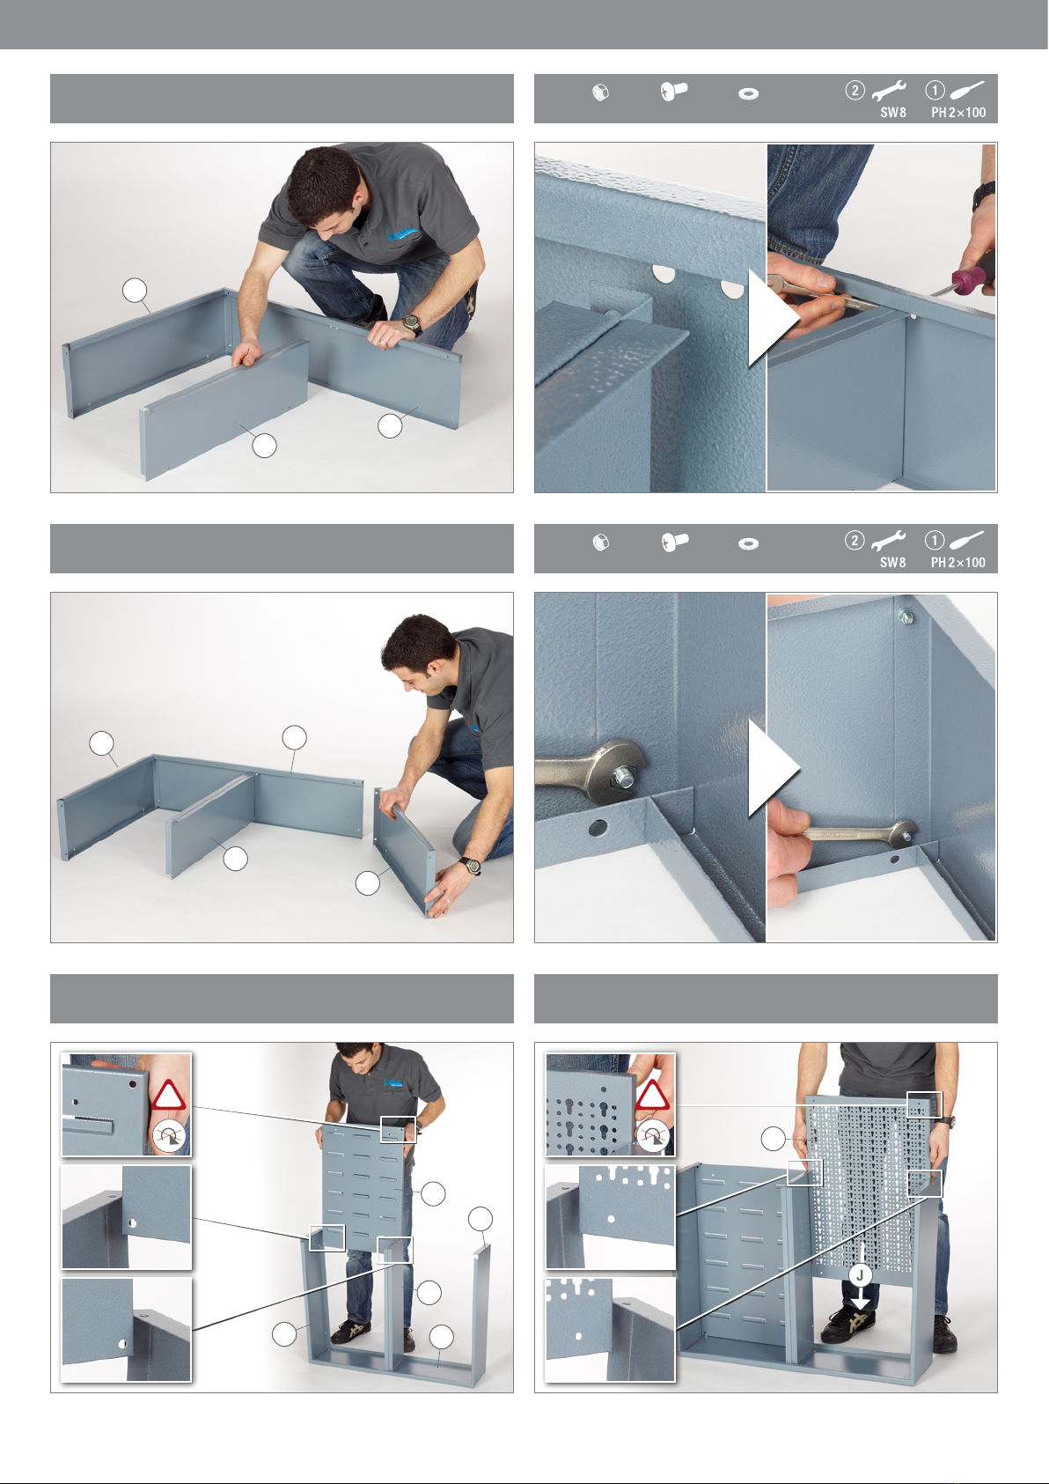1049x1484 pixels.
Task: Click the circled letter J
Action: point(861,1274)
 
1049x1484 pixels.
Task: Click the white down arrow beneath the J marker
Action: point(861,1299)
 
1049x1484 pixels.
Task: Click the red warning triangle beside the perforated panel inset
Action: point(652,1096)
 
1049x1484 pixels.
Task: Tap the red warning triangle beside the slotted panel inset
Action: point(168,1096)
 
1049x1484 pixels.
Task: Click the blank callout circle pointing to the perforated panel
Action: point(773,1139)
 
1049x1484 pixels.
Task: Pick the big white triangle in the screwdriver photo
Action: point(774,317)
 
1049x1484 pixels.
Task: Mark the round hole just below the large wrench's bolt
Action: point(598,828)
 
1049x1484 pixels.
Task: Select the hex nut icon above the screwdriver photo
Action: point(600,92)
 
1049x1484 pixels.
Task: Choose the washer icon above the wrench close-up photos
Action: point(749,544)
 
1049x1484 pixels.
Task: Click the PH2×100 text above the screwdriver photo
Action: point(958,113)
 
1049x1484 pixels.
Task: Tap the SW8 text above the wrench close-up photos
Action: point(893,563)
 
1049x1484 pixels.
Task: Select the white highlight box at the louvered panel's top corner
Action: point(399,1130)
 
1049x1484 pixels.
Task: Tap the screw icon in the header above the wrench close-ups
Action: point(674,542)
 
